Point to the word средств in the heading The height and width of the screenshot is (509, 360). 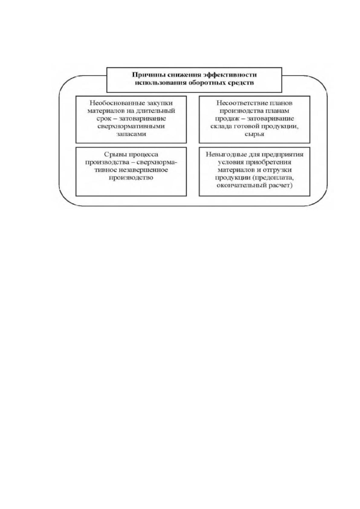point(243,83)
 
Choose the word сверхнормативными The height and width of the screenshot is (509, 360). point(131,126)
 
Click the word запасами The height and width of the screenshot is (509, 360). point(131,134)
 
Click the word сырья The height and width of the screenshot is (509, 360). point(254,134)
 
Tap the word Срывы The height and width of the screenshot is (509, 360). point(115,154)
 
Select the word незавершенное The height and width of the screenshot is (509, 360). point(143,170)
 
